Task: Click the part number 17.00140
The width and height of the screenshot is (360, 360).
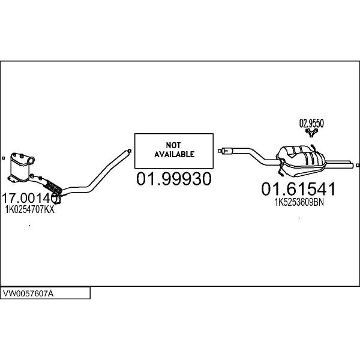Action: pyautogui.click(x=30, y=198)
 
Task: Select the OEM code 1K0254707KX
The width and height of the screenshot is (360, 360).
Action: pyautogui.click(x=30, y=209)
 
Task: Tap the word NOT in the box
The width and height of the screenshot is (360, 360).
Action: pyautogui.click(x=173, y=145)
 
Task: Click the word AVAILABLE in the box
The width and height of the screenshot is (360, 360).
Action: pyautogui.click(x=174, y=154)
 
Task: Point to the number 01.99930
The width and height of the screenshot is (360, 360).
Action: pyautogui.click(x=174, y=179)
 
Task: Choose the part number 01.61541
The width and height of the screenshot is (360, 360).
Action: pyautogui.click(x=298, y=189)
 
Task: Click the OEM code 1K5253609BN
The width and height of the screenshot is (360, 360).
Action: pyautogui.click(x=299, y=202)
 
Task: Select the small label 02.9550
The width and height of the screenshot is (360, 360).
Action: pyautogui.click(x=311, y=124)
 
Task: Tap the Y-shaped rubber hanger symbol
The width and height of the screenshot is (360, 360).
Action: pyautogui.click(x=311, y=133)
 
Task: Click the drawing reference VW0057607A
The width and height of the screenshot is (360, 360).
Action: pyautogui.click(x=28, y=293)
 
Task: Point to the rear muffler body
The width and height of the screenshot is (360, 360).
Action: pyautogui.click(x=301, y=161)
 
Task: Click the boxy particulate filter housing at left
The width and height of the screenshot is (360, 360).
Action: pyautogui.click(x=20, y=167)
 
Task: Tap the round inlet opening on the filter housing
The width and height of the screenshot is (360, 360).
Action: pyautogui.click(x=31, y=160)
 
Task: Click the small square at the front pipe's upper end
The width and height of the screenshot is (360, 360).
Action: pyautogui.click(x=130, y=151)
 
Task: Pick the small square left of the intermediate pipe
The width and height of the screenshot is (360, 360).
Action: pyautogui.click(x=220, y=151)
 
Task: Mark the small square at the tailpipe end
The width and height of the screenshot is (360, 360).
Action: pyautogui.click(x=358, y=166)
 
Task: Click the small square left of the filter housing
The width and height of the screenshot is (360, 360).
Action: pyautogui.click(x=3, y=158)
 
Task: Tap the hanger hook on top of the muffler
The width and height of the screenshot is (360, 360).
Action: pyautogui.click(x=313, y=148)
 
